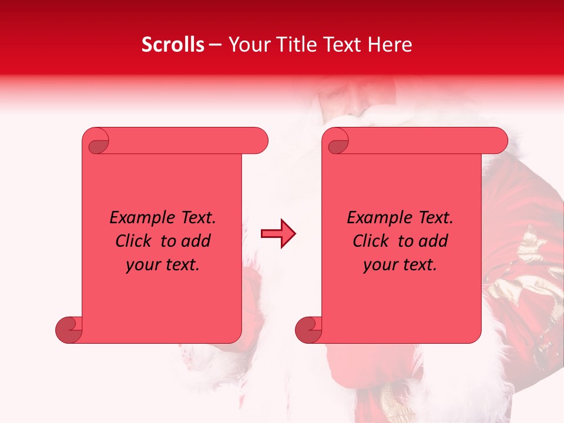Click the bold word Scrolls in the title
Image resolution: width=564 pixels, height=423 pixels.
173,45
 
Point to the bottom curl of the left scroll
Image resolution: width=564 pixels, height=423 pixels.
68,330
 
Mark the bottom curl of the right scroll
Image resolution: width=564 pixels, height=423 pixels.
308,330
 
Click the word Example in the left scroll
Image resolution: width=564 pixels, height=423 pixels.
136,218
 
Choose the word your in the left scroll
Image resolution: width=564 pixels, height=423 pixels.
142,265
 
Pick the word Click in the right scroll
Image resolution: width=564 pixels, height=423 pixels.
370,241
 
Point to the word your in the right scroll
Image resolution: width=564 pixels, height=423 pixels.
380,265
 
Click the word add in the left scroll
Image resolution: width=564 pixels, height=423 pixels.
196,241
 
